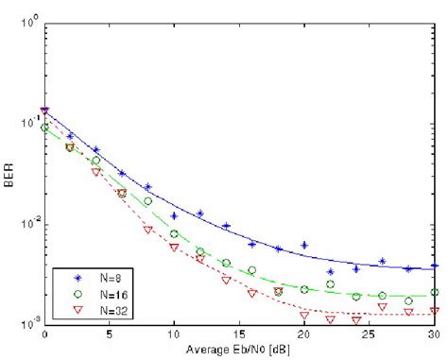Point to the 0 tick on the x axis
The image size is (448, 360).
pyautogui.click(x=44, y=335)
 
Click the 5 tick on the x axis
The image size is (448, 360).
pyautogui.click(x=110, y=335)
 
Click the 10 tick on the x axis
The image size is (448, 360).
pyautogui.click(x=174, y=335)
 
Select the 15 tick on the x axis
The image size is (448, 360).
pyautogui.click(x=239, y=335)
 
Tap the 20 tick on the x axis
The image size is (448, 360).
pyautogui.click(x=304, y=335)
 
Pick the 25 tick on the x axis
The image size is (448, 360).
pyautogui.click(x=370, y=335)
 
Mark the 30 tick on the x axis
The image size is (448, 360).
pyautogui.click(x=433, y=335)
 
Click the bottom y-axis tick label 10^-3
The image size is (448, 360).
pyautogui.click(x=29, y=324)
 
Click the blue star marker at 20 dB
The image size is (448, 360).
pyautogui.click(x=304, y=245)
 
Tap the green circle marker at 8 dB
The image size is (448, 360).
pyautogui.click(x=148, y=201)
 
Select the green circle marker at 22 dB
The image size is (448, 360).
pyautogui.click(x=330, y=283)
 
